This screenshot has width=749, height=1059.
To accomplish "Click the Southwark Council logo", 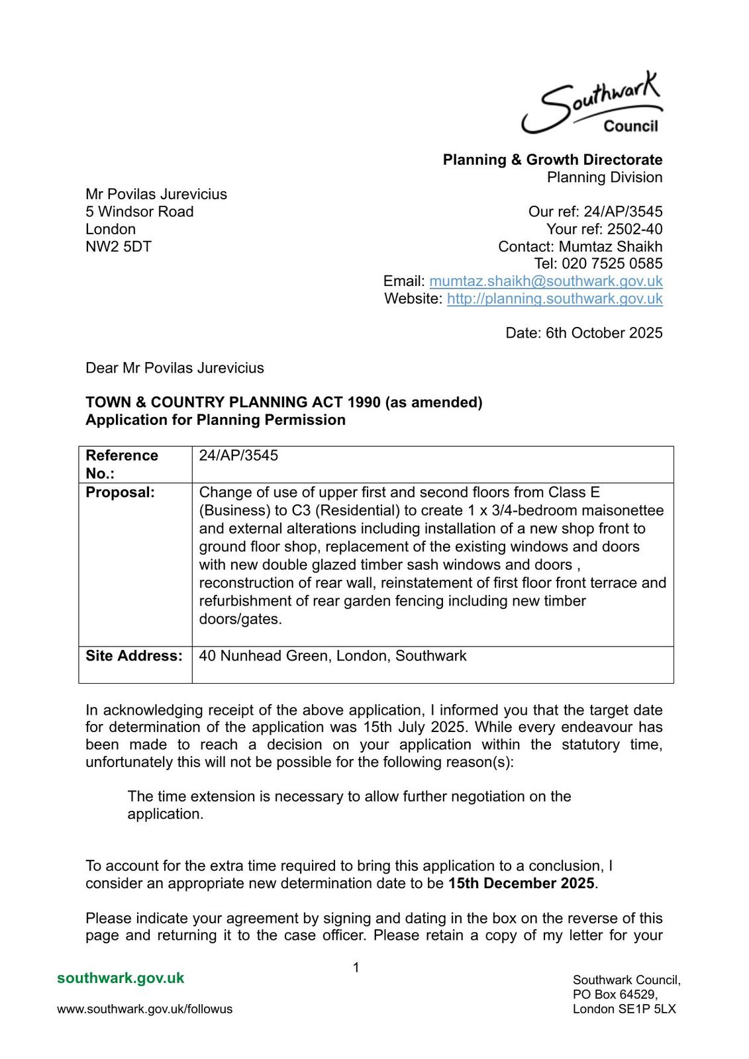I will [x=591, y=106].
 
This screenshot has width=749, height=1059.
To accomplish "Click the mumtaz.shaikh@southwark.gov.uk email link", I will [x=546, y=281].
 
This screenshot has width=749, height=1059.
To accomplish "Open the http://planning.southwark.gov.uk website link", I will [x=554, y=299].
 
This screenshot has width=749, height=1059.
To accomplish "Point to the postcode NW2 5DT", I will [x=119, y=247].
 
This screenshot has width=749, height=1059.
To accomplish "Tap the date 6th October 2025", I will [x=603, y=333].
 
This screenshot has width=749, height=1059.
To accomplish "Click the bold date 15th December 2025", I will [x=521, y=884].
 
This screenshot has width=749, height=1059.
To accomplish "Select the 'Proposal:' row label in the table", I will [x=120, y=492].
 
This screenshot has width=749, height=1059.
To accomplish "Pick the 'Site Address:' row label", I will [x=134, y=656].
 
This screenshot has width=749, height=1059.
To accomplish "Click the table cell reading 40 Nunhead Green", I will [x=332, y=656].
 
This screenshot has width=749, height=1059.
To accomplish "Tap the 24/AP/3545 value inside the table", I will [x=238, y=455].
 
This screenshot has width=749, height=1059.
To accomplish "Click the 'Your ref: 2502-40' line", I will [x=604, y=229].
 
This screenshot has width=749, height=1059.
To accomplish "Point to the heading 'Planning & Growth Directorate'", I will [x=552, y=160].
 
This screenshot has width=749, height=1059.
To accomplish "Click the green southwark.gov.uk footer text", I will [x=121, y=978].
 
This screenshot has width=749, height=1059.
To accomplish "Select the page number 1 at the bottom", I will [x=356, y=968].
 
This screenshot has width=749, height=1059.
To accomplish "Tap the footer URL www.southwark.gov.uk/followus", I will [x=144, y=1009].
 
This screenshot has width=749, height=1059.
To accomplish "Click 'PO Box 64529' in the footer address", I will [x=615, y=995].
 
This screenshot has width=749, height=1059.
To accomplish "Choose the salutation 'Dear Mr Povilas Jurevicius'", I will [x=175, y=368].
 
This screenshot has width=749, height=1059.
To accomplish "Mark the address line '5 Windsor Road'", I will [x=140, y=212].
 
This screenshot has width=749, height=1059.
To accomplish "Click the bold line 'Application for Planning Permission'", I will [x=215, y=420].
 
